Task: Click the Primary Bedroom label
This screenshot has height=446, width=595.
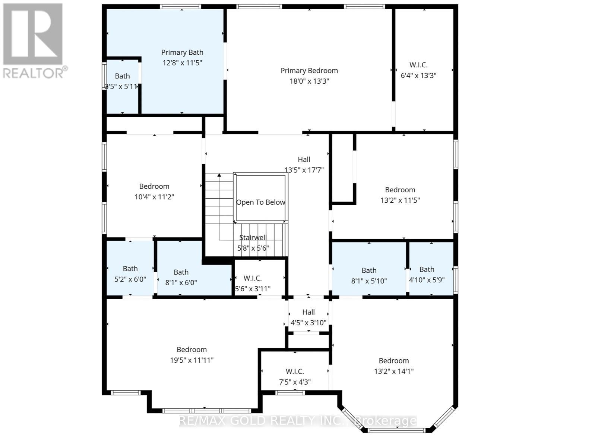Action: [309, 71]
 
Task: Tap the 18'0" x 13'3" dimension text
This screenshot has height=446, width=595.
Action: [309, 81]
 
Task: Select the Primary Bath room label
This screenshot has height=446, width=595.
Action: [182, 52]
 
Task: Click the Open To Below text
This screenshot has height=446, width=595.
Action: [260, 202]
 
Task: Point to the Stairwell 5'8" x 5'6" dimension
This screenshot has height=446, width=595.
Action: [253, 248]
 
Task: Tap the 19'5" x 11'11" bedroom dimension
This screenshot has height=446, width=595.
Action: [192, 360]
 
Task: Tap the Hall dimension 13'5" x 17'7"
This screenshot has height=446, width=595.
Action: [304, 170]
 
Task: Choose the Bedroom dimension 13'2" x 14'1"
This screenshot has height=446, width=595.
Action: [394, 371]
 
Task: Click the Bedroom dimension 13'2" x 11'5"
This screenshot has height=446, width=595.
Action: [400, 200]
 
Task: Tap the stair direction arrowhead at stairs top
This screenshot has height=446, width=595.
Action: [219, 175]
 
